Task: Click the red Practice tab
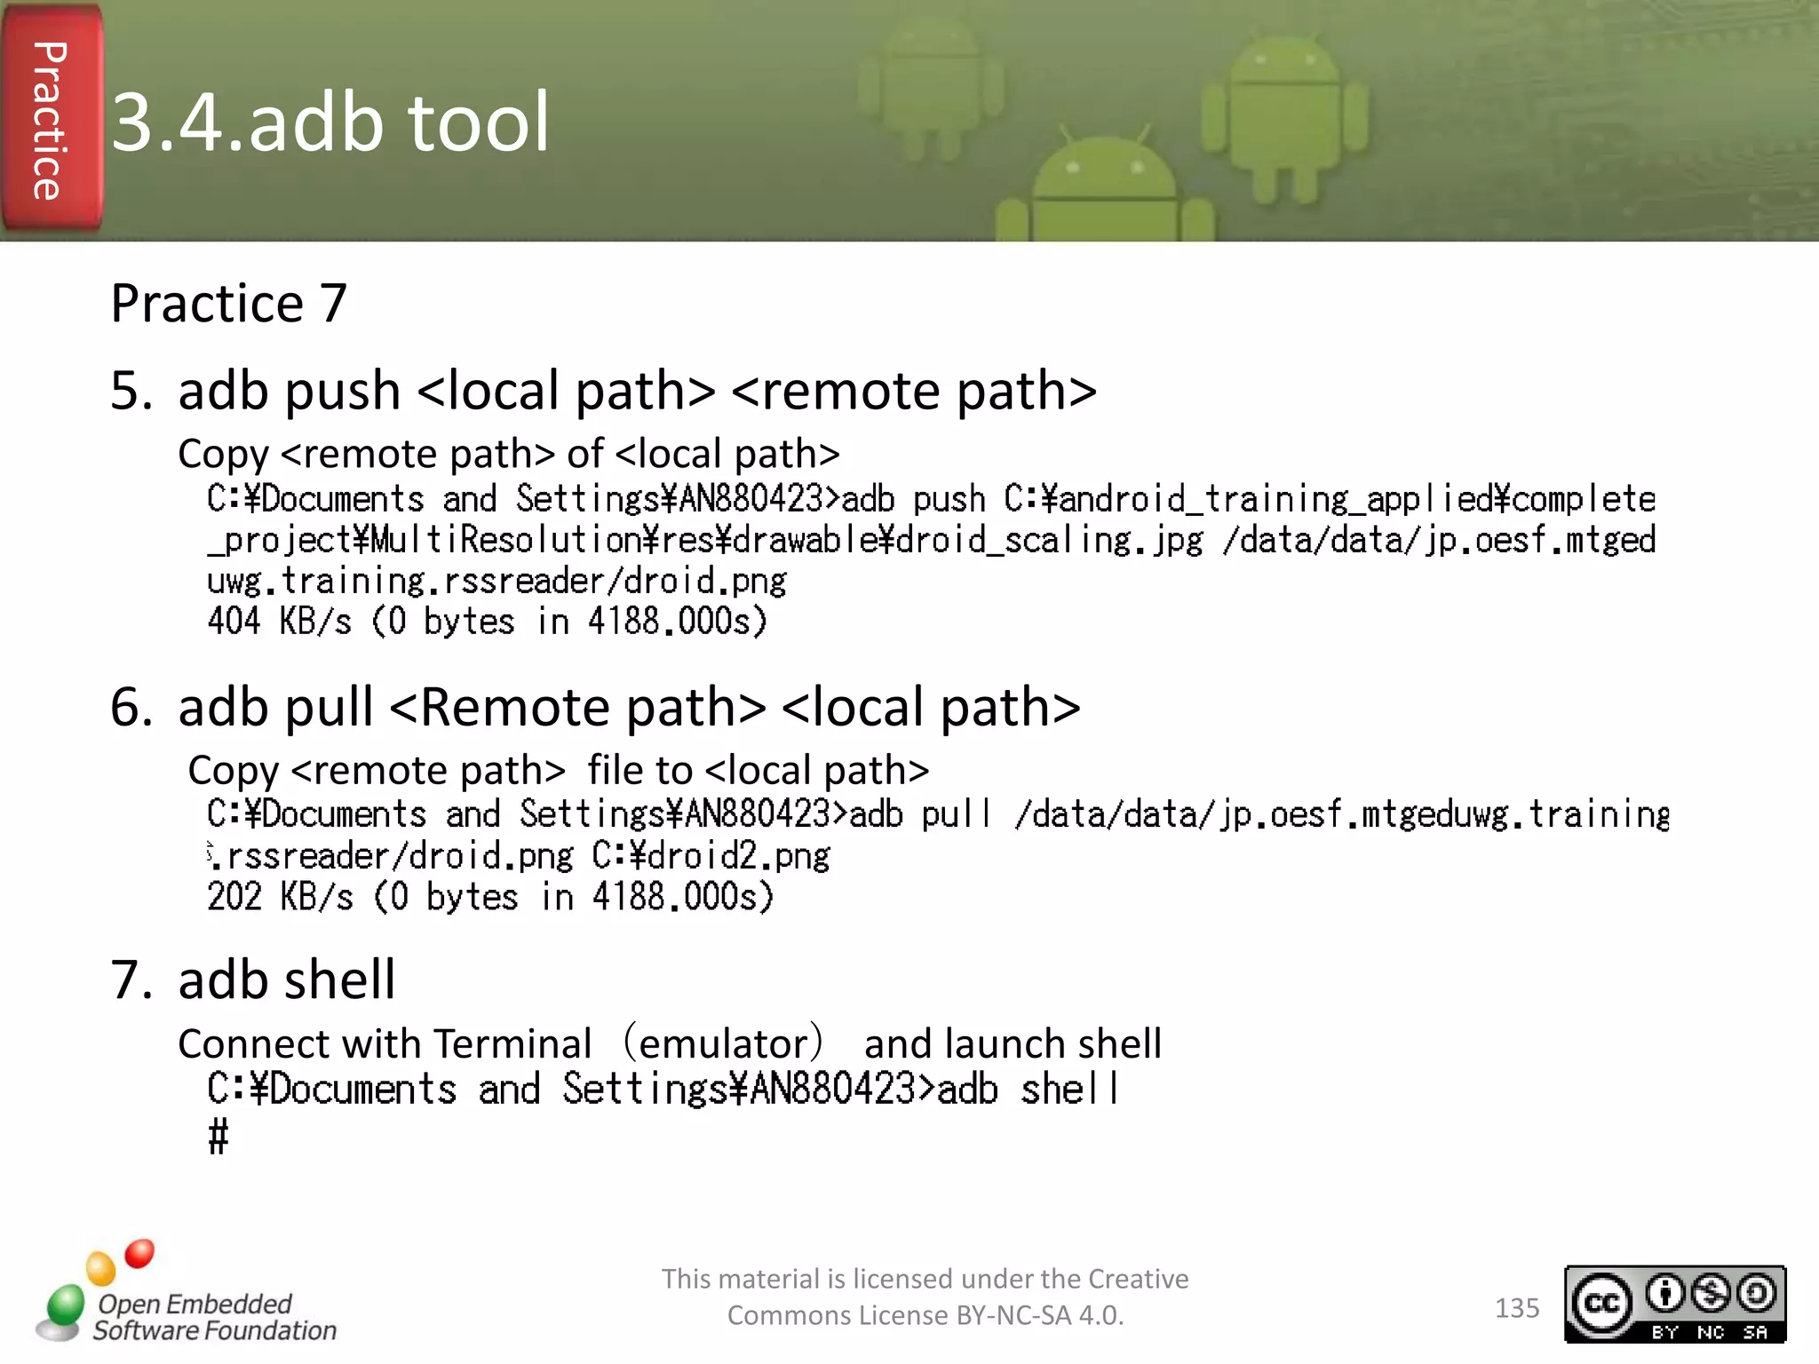[x=51, y=120]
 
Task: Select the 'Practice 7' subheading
[x=228, y=304]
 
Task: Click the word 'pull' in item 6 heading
[x=330, y=708]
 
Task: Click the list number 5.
[x=131, y=392]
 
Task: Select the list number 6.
[x=131, y=708]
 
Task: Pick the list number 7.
[x=131, y=980]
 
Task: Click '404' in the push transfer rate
[x=234, y=621]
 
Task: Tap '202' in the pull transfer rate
[x=234, y=897]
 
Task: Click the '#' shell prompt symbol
[x=218, y=1137]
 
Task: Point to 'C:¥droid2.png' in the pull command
[x=711, y=856]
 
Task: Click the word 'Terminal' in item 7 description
[x=513, y=1044]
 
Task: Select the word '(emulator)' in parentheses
[x=724, y=1044]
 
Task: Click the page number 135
[x=1516, y=1308]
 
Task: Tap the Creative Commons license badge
[x=1674, y=1304]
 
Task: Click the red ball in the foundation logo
[x=139, y=1253]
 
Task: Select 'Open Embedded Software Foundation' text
[x=214, y=1317]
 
